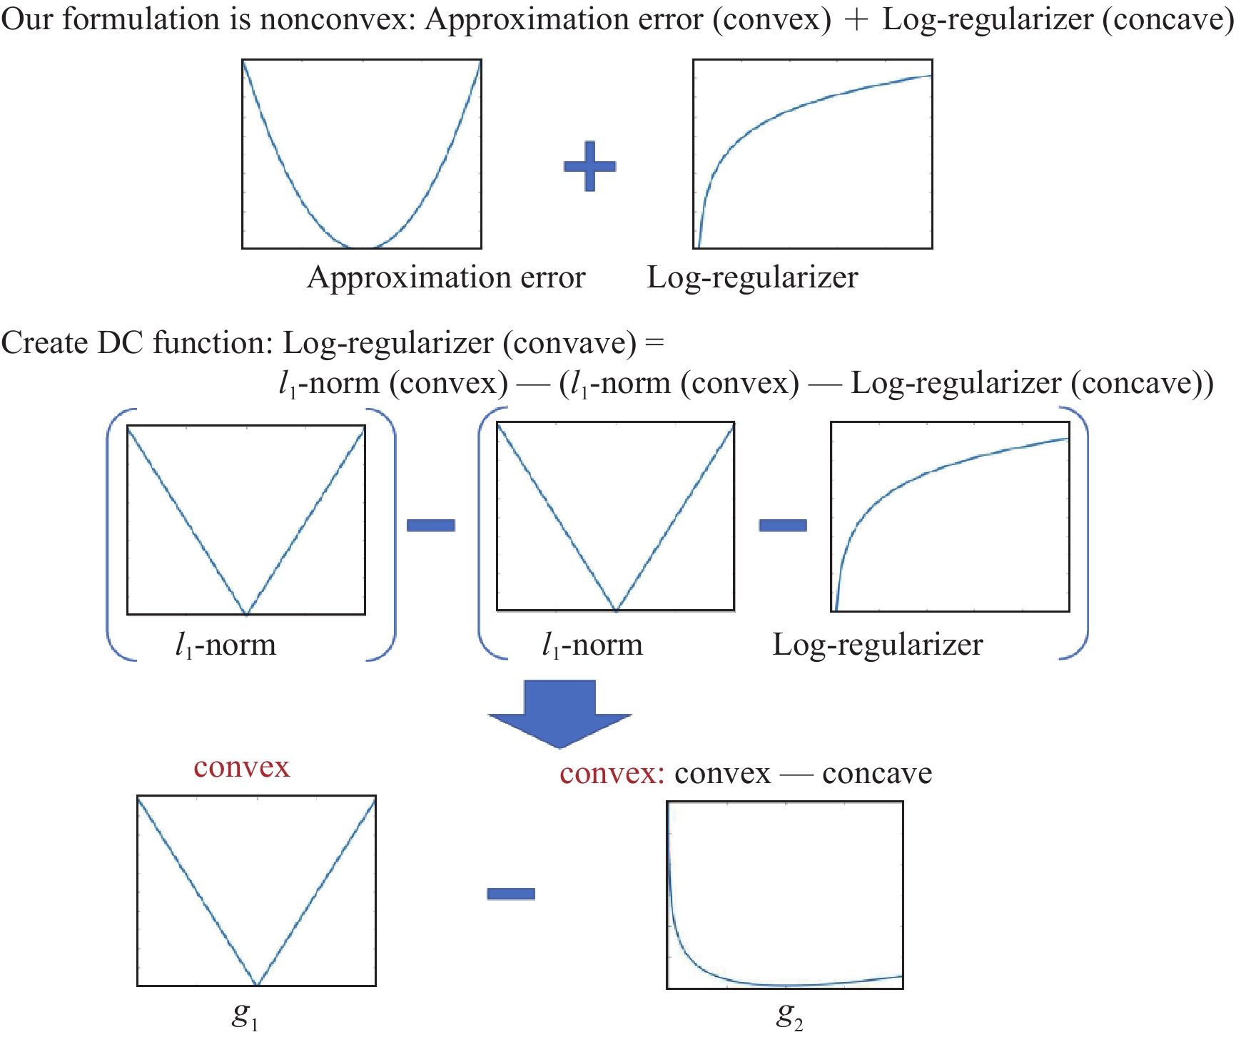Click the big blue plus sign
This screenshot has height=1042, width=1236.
pos(589,166)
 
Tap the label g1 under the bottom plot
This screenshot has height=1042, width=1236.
pos(245,1016)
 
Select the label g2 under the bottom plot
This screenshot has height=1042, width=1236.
pos(790,1016)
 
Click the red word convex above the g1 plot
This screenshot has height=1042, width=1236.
pos(242,767)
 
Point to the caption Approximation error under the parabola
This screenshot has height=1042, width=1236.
pos(446,277)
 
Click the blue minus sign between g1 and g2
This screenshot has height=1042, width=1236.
pos(511,894)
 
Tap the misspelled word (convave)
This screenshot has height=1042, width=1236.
pos(569,343)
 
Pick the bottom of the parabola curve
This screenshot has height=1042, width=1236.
pos(362,247)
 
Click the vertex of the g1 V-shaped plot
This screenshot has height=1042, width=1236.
pos(257,984)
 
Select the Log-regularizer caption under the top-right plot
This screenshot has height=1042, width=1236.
pos(752,277)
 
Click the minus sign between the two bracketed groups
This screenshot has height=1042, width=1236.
pos(431,526)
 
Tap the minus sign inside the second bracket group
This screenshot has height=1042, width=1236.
pos(783,526)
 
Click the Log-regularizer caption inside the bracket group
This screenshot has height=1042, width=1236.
pos(878,645)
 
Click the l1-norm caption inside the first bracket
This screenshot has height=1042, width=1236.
pos(226,645)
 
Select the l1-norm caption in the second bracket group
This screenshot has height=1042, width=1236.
pos(592,645)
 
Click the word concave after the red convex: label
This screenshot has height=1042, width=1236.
pos(877,773)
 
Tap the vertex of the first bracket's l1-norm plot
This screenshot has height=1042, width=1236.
pos(246,613)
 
